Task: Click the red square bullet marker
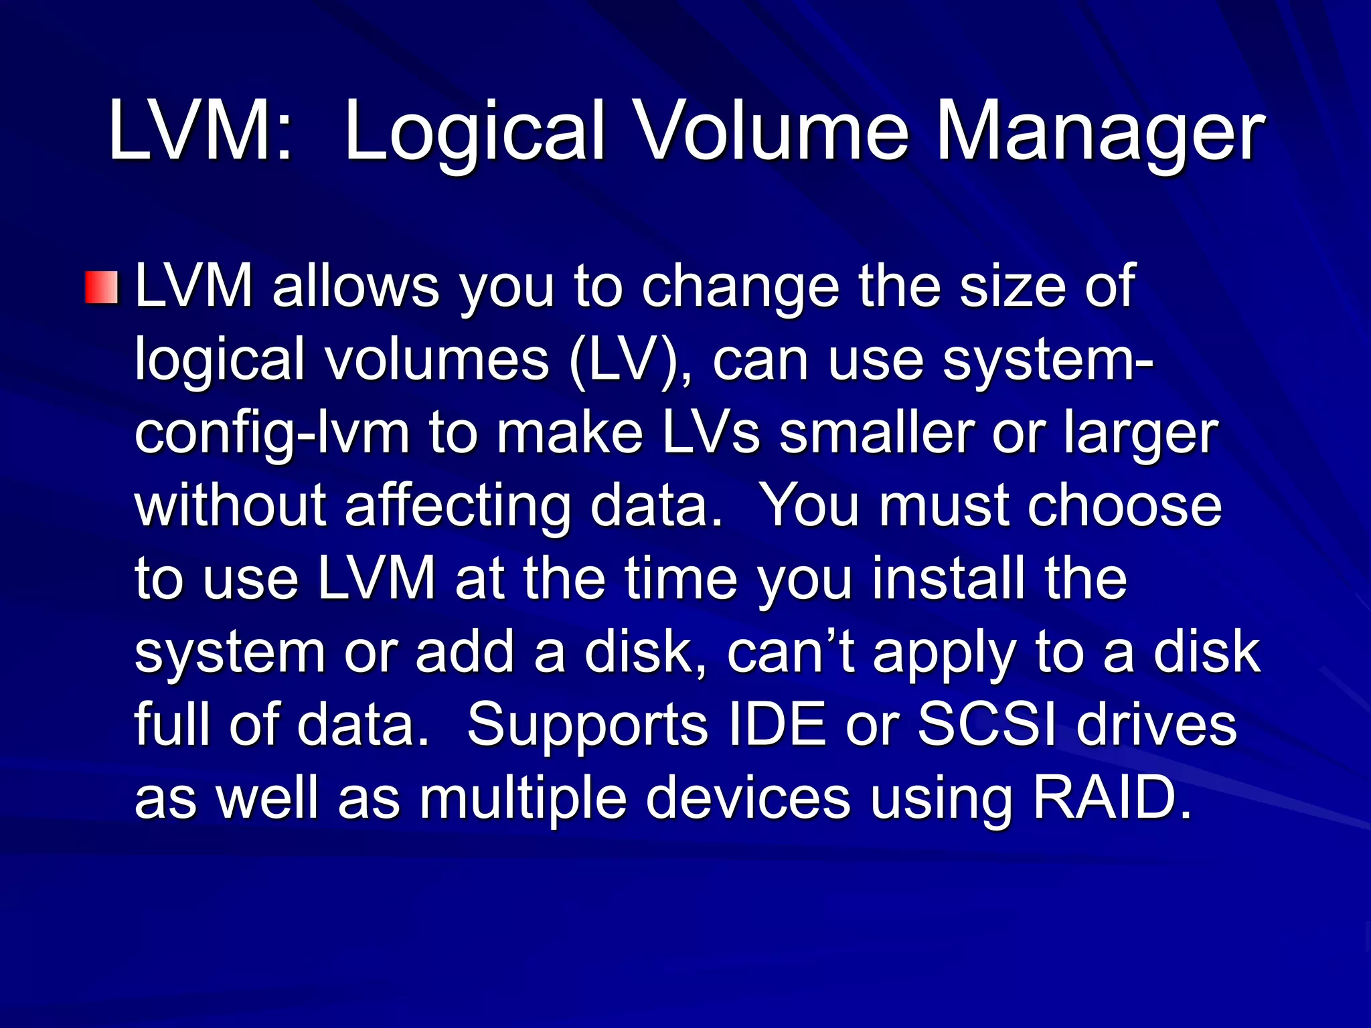pos(102,288)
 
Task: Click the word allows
pos(355,286)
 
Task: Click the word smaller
pos(876,433)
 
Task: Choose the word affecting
pos(457,507)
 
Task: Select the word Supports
pos(587,725)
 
